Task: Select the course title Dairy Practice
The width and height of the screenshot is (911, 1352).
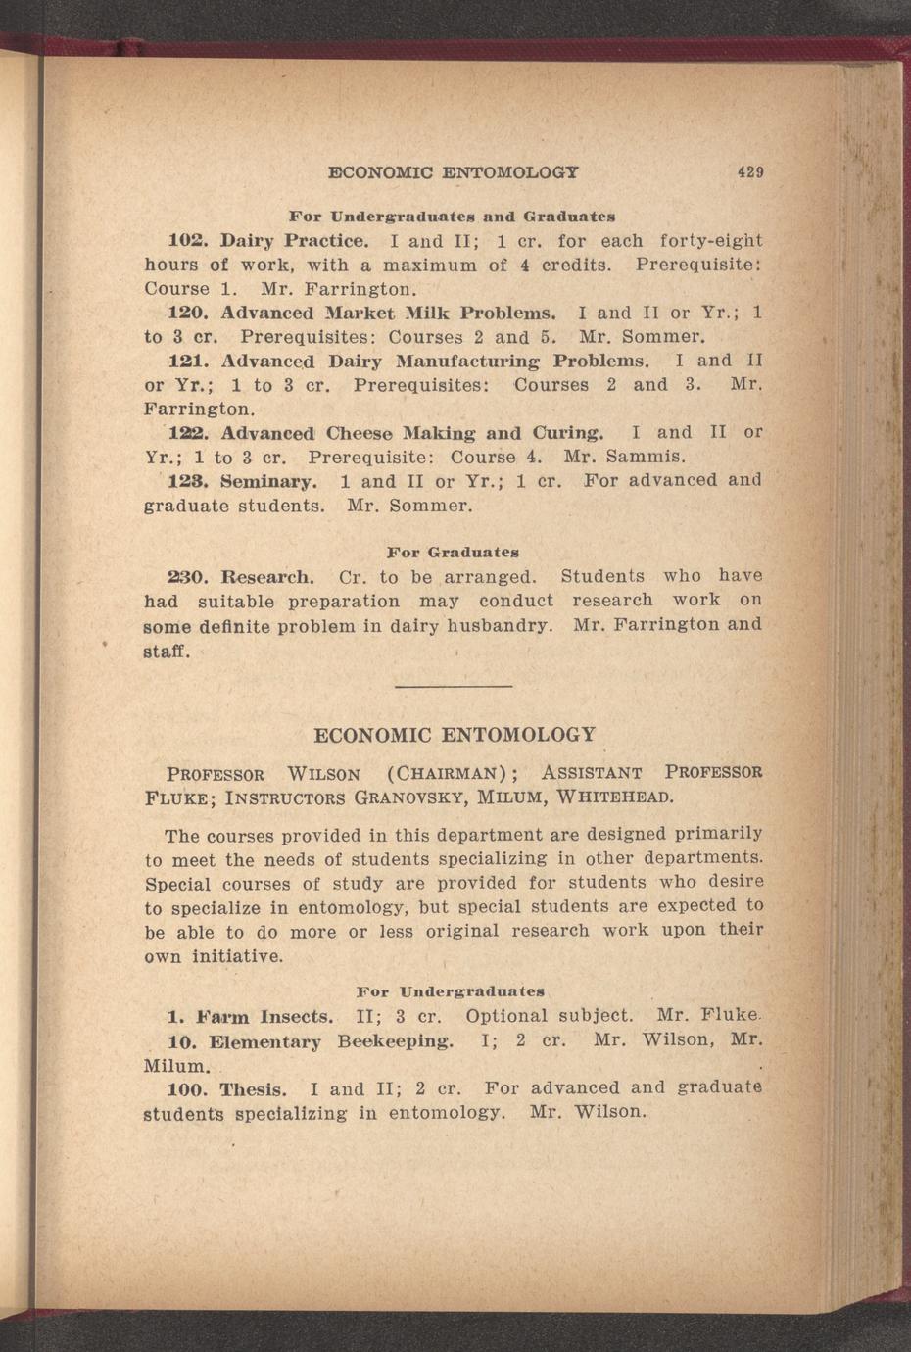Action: (295, 241)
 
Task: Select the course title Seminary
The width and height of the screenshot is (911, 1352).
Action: (267, 482)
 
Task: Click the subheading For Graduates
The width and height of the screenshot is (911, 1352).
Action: (453, 553)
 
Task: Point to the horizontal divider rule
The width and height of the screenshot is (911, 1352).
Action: (454, 686)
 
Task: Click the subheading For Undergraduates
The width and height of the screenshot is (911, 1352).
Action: (451, 991)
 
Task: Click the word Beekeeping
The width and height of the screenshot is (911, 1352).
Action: (395, 1040)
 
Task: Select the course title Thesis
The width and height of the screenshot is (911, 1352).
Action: (253, 1089)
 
